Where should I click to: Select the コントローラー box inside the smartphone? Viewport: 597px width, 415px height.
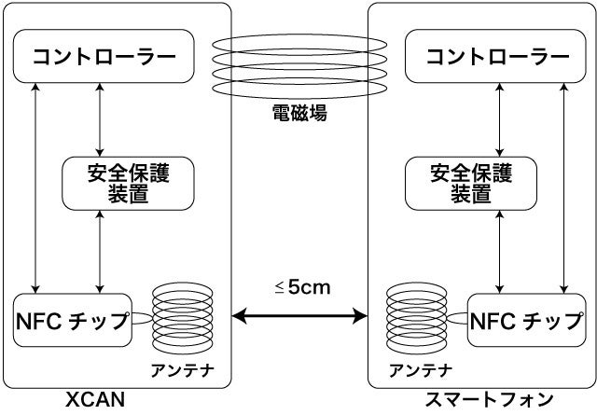click(x=496, y=56)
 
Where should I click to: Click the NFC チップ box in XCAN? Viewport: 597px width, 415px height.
click(x=73, y=320)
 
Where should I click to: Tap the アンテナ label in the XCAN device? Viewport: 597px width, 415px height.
click(x=183, y=370)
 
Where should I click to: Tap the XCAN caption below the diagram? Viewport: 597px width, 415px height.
click(x=95, y=401)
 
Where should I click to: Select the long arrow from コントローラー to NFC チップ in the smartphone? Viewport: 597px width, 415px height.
click(x=565, y=187)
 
